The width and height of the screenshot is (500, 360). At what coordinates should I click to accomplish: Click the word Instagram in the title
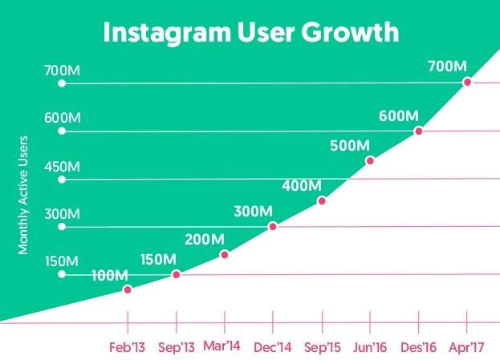pos(161,33)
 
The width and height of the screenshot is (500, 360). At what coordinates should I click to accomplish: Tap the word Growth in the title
pos(352,33)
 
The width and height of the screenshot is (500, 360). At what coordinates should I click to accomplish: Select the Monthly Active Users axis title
pos(23,195)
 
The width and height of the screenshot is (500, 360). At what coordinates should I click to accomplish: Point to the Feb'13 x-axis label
pos(128,348)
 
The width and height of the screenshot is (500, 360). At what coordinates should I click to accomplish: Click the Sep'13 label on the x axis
pos(177,348)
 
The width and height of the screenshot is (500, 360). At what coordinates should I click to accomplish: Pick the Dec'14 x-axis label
pos(273,348)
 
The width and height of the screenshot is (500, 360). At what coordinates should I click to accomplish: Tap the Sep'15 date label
pos(322,348)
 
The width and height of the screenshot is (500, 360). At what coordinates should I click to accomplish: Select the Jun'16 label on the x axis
pos(370,348)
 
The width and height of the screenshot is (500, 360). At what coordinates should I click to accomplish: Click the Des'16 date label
pos(419,348)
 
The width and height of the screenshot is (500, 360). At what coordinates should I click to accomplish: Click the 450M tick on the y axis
pos(62,167)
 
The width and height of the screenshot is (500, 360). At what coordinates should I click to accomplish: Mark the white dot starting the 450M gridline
pos(62,179)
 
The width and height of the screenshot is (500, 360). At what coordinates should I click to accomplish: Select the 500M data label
pos(349,146)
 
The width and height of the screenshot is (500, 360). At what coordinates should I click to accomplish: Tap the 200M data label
pos(205,239)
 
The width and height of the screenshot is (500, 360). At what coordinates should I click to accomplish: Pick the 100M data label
pos(109,275)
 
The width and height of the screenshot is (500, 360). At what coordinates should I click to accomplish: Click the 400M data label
pos(301,186)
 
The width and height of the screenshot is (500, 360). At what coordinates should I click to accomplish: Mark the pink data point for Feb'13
pos(128,289)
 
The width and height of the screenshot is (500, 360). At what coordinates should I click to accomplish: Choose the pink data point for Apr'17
pos(467,82)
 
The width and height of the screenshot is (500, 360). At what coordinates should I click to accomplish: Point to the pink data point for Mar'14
pos(225,255)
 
